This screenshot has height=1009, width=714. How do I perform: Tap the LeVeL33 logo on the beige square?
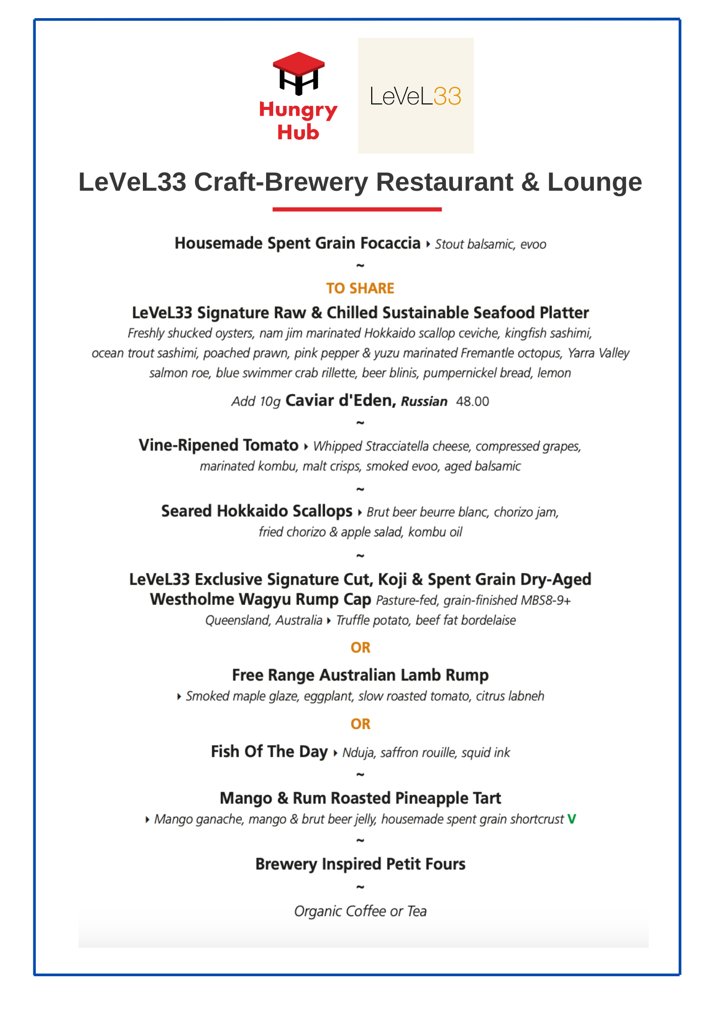416,96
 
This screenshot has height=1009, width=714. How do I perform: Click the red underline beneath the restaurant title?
357,209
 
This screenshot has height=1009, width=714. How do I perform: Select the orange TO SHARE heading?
360,288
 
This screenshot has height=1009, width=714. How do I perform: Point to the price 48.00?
473,402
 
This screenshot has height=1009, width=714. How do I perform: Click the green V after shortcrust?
572,819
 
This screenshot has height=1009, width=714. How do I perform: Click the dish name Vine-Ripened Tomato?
219,445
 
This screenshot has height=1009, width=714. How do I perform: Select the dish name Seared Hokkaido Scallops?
257,511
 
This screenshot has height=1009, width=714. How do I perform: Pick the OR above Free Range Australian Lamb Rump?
361,647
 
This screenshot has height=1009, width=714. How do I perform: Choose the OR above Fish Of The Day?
361,724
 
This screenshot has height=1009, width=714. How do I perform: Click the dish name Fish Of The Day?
269,752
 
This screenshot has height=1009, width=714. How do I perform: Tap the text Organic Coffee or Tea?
361,911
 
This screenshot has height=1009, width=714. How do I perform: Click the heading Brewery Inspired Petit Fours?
361,864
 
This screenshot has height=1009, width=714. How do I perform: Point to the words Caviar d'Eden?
340,401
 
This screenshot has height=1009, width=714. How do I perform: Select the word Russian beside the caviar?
424,402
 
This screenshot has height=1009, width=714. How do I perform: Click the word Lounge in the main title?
594,182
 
